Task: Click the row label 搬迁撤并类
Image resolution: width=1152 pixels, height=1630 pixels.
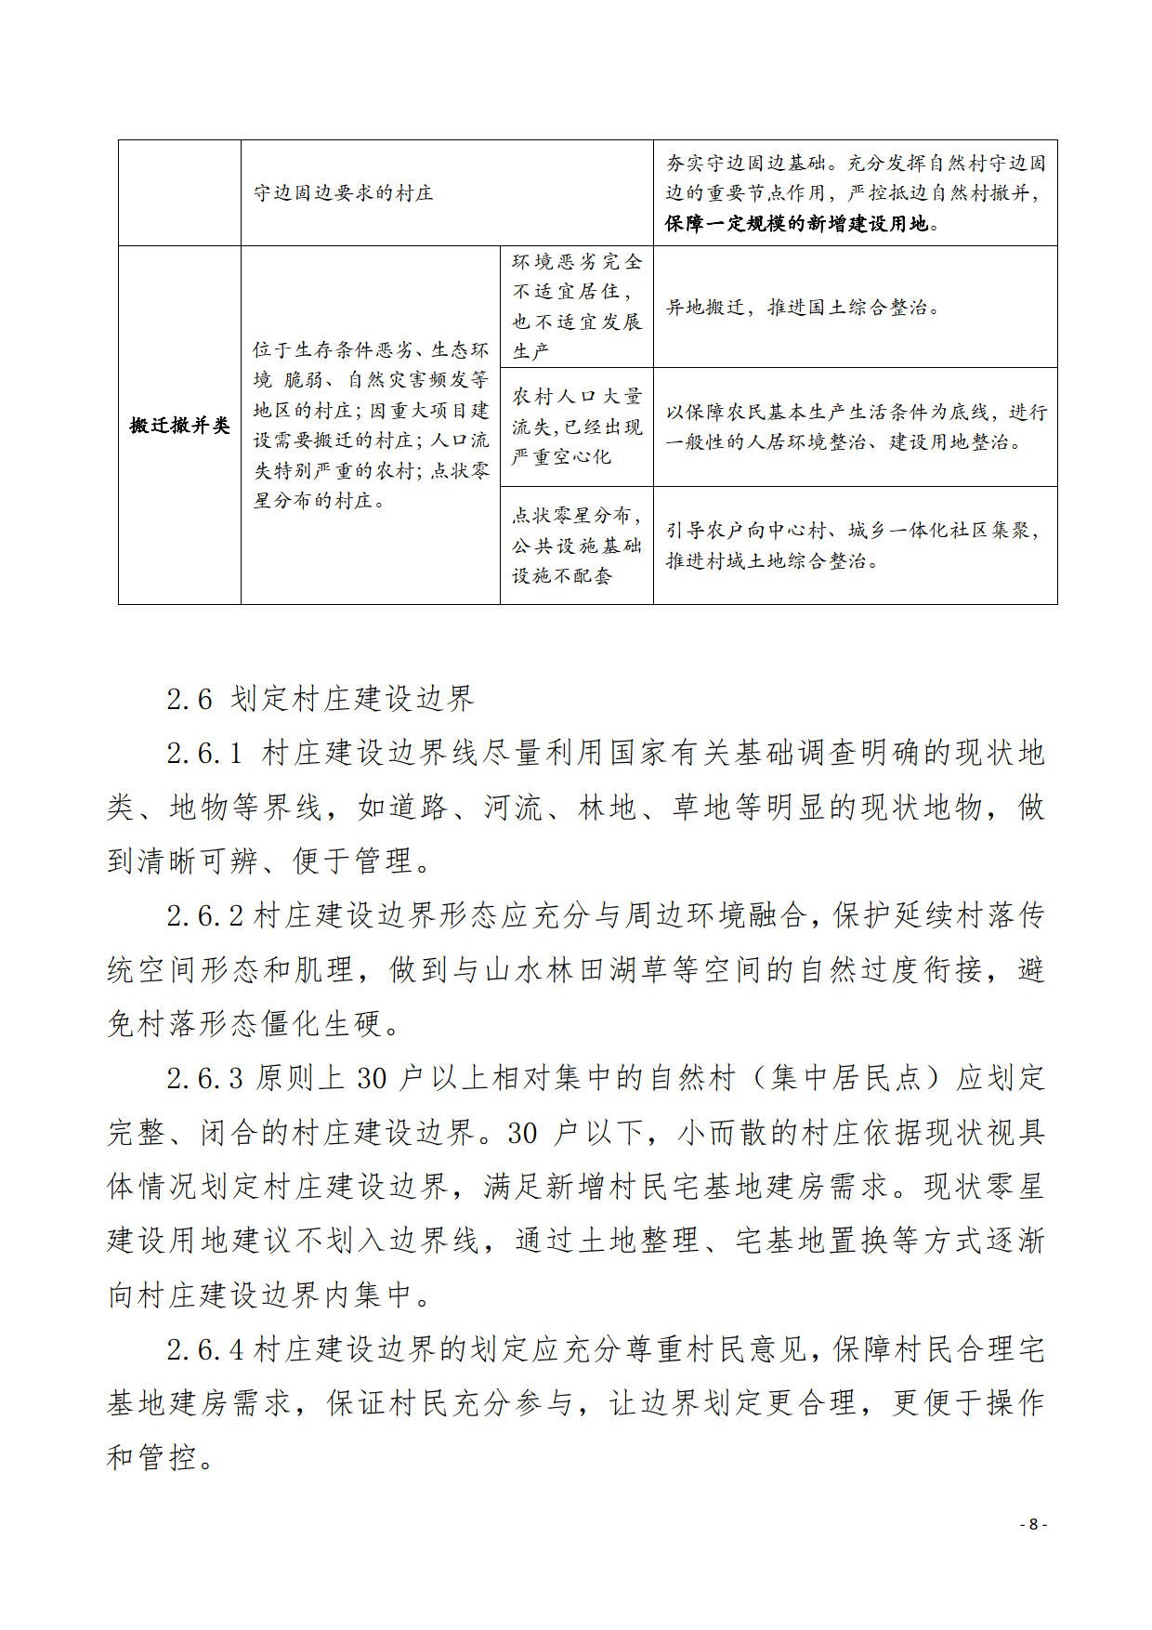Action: (179, 426)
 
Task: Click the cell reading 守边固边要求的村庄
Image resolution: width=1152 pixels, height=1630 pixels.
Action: (344, 193)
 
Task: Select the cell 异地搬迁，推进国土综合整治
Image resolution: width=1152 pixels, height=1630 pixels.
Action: (804, 308)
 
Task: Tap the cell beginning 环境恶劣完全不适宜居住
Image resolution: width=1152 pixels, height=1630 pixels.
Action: (576, 307)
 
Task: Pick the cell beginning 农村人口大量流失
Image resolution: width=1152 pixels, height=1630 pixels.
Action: (576, 427)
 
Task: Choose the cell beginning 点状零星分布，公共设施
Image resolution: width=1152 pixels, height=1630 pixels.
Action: (576, 546)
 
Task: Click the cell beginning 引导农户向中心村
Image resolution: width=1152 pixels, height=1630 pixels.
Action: (853, 546)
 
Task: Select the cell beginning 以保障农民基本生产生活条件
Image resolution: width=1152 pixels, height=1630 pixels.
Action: (855, 427)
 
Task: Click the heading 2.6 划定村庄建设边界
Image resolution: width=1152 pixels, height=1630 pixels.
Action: (321, 699)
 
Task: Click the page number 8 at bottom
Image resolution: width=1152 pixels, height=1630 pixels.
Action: (1033, 1525)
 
